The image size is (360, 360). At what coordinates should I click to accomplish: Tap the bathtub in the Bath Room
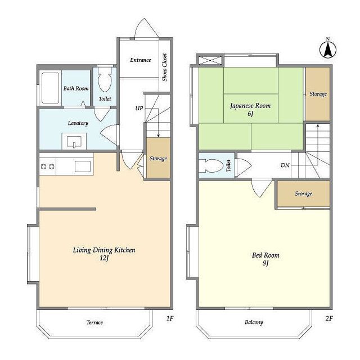[x=50, y=88]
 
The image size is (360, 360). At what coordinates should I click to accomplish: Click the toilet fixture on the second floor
[x=211, y=166]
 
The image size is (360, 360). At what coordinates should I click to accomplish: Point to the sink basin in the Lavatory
[x=74, y=141]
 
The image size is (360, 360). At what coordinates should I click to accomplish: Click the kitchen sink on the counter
[x=83, y=166]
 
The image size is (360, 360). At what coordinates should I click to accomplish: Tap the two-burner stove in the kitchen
[x=47, y=166]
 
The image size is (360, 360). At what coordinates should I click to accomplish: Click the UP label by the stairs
[x=139, y=108]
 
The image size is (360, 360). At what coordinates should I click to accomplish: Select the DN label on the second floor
[x=285, y=165]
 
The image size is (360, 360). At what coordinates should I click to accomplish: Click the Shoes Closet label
[x=164, y=67]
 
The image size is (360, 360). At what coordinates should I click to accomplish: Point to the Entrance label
[x=141, y=60]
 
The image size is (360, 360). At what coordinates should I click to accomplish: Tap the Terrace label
[x=94, y=322]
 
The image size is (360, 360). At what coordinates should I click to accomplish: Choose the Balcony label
[x=254, y=322]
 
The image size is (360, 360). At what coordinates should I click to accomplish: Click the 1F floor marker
[x=170, y=318]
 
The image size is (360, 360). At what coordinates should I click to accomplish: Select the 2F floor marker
[x=329, y=318]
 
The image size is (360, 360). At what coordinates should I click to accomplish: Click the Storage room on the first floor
[x=158, y=157]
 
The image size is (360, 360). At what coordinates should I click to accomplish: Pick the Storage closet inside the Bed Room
[x=304, y=193]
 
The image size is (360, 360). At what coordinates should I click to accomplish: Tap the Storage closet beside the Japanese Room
[x=318, y=94]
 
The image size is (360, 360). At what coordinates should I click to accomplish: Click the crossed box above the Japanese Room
[x=210, y=61]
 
